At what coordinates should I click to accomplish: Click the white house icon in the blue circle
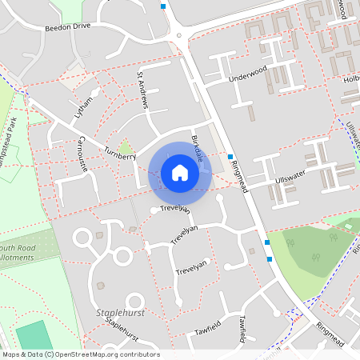pos(180,173)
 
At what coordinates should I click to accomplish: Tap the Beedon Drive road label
pos(71,26)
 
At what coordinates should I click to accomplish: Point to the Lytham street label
pos(83,105)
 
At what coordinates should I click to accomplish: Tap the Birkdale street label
pos(197,149)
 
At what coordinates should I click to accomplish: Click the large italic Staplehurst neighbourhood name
pos(118,312)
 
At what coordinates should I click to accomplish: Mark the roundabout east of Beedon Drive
pos(180,35)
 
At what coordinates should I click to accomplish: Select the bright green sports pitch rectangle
pos(32,336)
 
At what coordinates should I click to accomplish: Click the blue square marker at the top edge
pos(163,6)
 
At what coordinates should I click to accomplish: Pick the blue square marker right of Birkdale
pos(230,157)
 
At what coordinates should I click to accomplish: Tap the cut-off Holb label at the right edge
pos(351,79)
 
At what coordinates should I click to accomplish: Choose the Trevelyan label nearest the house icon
pos(174,209)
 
